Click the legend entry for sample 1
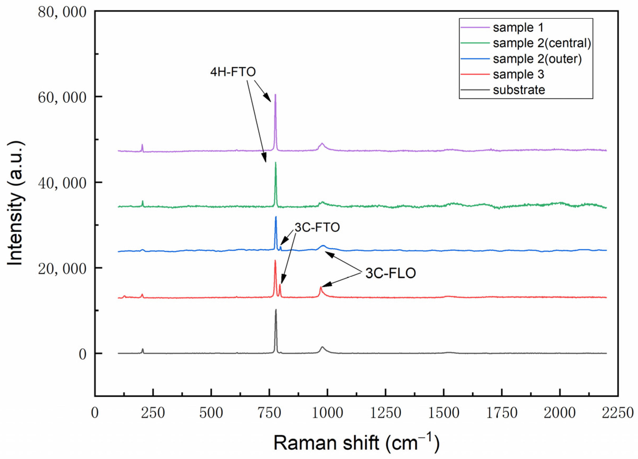(x=518, y=28)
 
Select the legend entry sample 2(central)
(x=542, y=43)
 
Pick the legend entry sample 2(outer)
(x=537, y=59)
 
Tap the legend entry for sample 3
(x=518, y=74)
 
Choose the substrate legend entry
(x=519, y=90)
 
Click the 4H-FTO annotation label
(x=233, y=72)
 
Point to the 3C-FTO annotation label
(x=317, y=227)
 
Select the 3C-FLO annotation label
(x=390, y=273)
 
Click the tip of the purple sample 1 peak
(x=275, y=95)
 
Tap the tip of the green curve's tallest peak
(x=276, y=163)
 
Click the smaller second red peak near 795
(x=280, y=285)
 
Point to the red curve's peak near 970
(x=320, y=287)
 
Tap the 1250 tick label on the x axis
(x=385, y=413)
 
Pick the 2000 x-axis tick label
(x=560, y=413)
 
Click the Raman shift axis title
(x=356, y=443)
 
